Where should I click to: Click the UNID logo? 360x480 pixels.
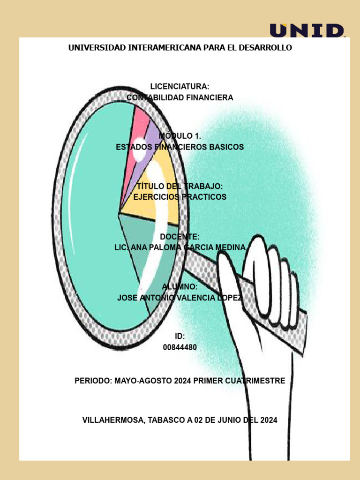point(307,30)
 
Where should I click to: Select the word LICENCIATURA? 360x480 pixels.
point(180,87)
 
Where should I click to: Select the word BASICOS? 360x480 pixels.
point(226,147)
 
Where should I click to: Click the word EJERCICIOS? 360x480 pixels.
point(156,197)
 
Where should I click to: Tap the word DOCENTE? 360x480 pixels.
point(180,237)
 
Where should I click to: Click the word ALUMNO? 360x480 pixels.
point(180,286)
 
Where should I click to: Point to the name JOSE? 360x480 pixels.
point(127,298)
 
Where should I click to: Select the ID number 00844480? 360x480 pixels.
point(180,347)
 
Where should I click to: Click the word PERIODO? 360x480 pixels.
point(93,381)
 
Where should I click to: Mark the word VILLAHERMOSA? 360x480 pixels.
point(113,420)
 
